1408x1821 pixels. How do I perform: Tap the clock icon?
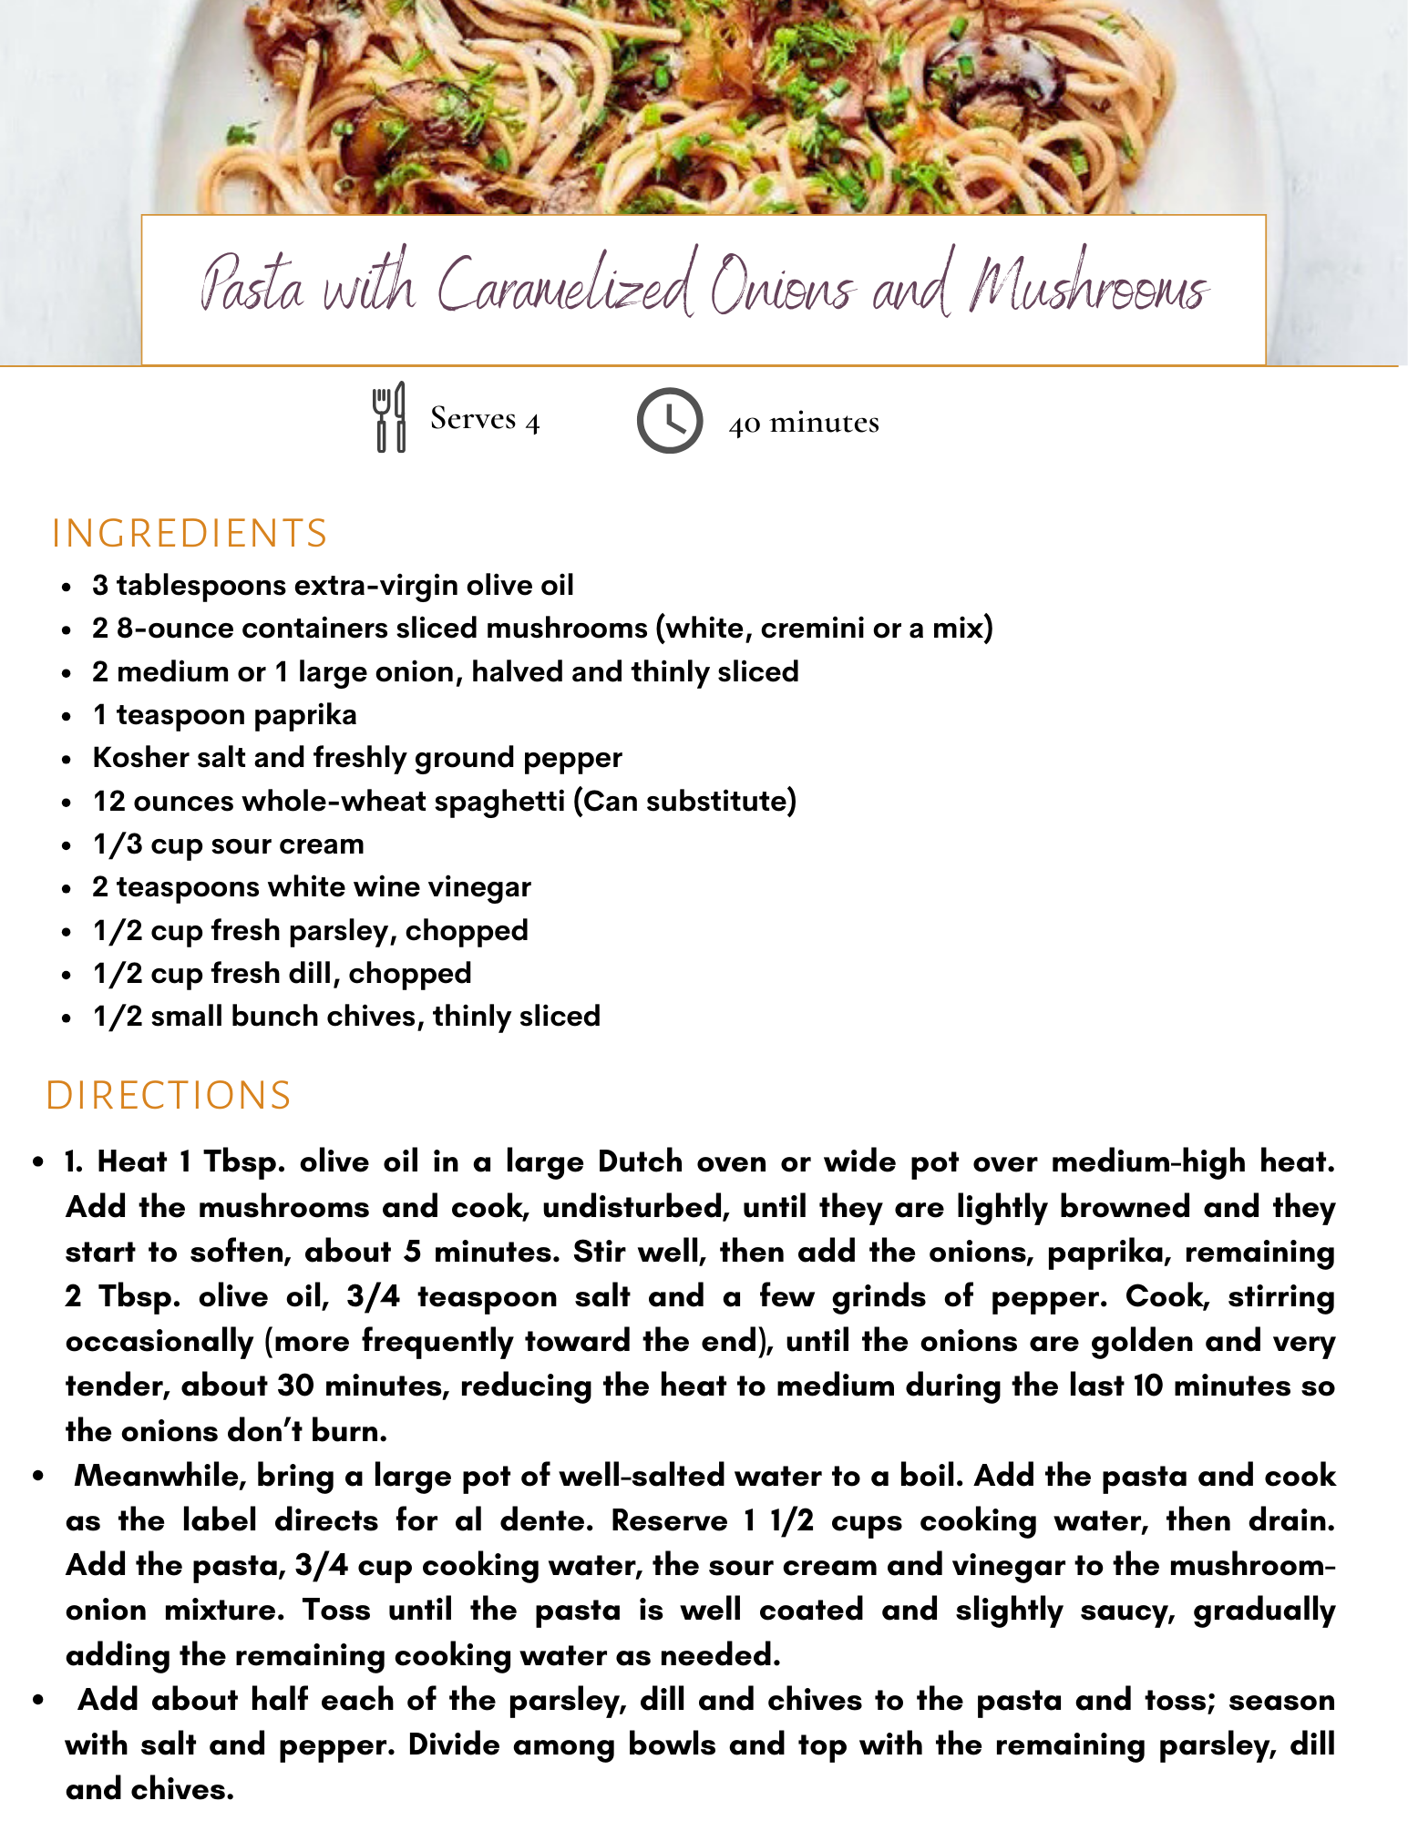[669, 420]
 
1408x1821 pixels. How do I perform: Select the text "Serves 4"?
[485, 419]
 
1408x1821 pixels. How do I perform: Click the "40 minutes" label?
[804, 423]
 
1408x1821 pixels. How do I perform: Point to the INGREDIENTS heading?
[190, 534]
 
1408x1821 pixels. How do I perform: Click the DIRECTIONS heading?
[169, 1095]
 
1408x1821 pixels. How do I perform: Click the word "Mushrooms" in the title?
[1089, 287]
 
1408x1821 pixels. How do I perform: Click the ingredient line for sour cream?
[228, 844]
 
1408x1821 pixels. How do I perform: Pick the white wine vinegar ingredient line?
[311, 886]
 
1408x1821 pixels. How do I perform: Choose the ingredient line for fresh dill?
[282, 973]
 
